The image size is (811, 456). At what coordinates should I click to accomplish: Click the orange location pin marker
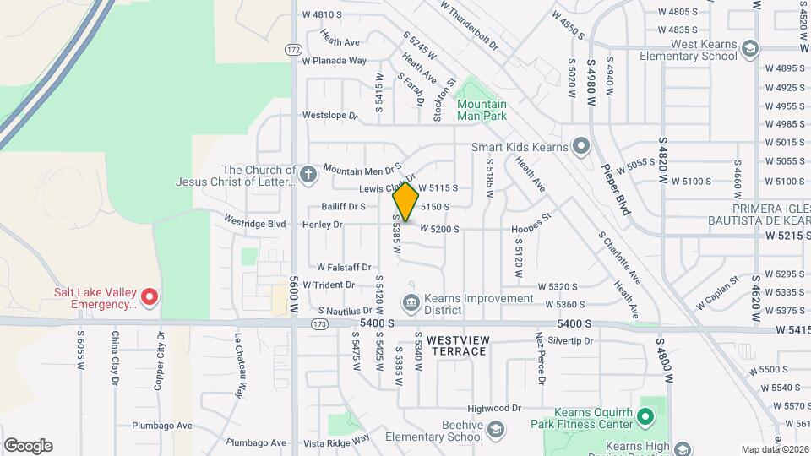[406, 203]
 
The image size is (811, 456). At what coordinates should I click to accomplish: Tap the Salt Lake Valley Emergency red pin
[149, 296]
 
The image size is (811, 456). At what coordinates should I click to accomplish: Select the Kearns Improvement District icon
[411, 301]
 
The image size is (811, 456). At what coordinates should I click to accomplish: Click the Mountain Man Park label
[482, 110]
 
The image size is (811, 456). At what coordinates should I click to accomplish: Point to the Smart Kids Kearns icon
[580, 146]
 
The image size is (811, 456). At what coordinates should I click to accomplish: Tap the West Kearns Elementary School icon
[748, 50]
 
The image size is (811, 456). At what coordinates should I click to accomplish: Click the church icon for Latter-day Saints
[308, 176]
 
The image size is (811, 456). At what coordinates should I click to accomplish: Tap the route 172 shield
[293, 50]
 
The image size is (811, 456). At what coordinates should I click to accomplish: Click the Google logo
[28, 446]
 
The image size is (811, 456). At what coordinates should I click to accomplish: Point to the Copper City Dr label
[158, 359]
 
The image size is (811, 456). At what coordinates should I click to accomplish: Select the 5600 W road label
[294, 296]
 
